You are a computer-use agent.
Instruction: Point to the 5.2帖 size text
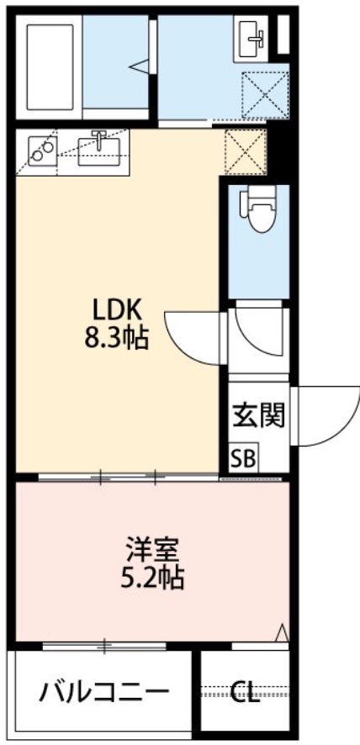coord(152,579)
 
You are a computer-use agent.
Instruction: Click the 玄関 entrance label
coord(257,415)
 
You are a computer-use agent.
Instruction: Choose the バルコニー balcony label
coord(104,693)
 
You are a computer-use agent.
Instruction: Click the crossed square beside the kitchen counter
coord(245,150)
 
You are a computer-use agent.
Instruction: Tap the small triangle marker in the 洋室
coord(282,631)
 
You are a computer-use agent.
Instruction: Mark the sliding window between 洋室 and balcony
coord(105,646)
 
